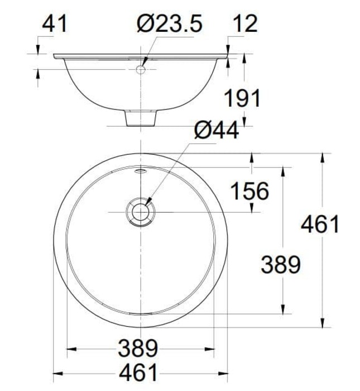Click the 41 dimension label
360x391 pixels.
point(55,23)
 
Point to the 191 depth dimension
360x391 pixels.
point(242,98)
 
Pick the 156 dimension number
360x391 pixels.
point(249,191)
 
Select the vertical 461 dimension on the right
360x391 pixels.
point(320,224)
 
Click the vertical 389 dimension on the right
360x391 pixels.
point(281,264)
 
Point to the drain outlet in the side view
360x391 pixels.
point(140,118)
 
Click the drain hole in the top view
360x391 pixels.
point(140,212)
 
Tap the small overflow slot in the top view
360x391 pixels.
point(140,171)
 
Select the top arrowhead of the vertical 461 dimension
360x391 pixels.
point(322,157)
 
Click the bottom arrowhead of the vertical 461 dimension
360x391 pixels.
point(322,324)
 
